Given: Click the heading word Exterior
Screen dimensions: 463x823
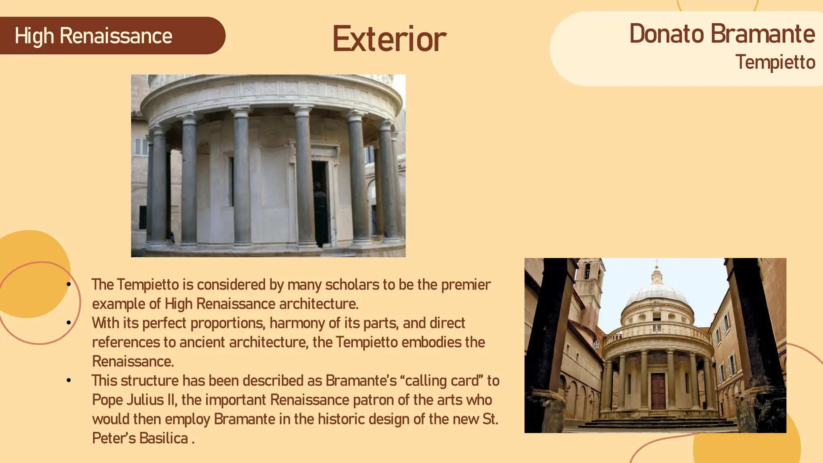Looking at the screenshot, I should coord(389,39).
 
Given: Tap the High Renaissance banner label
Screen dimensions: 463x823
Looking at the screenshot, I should coord(93,36).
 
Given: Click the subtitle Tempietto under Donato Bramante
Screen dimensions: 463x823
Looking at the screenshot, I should coord(775,62).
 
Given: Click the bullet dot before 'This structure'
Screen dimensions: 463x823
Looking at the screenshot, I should coord(69,380).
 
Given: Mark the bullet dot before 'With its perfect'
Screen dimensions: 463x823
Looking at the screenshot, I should coord(69,323).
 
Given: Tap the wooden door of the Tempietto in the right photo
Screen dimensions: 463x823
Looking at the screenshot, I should coord(658,390).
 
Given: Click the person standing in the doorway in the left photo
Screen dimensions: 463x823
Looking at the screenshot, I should coord(320,213).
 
